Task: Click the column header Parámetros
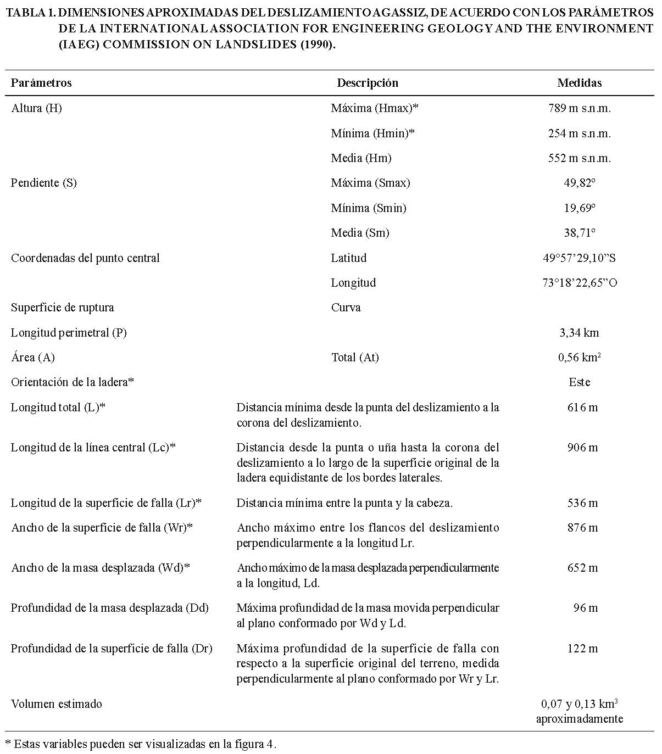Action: tap(41, 83)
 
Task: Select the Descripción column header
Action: tap(367, 83)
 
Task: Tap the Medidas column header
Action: tap(579, 83)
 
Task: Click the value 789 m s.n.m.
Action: tap(579, 108)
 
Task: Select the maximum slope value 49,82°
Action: tap(579, 183)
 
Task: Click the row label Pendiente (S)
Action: tap(44, 183)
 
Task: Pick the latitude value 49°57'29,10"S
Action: tap(579, 258)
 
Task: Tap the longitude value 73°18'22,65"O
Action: tap(579, 283)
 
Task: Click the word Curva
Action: tap(346, 308)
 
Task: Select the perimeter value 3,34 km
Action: tap(579, 333)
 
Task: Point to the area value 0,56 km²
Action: tap(579, 358)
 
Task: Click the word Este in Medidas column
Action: tap(579, 382)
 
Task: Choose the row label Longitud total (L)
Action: tap(58, 407)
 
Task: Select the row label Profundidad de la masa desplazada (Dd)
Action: tap(110, 608)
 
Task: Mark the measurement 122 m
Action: tap(582, 649)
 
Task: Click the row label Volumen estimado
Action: tap(57, 704)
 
